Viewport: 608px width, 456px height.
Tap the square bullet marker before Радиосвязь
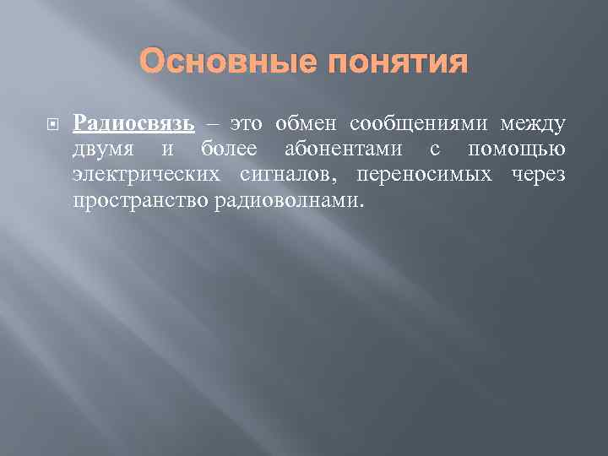click(x=52, y=123)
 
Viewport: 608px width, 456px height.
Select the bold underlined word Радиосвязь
click(x=134, y=123)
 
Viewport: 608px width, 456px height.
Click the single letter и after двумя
click(x=167, y=150)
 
